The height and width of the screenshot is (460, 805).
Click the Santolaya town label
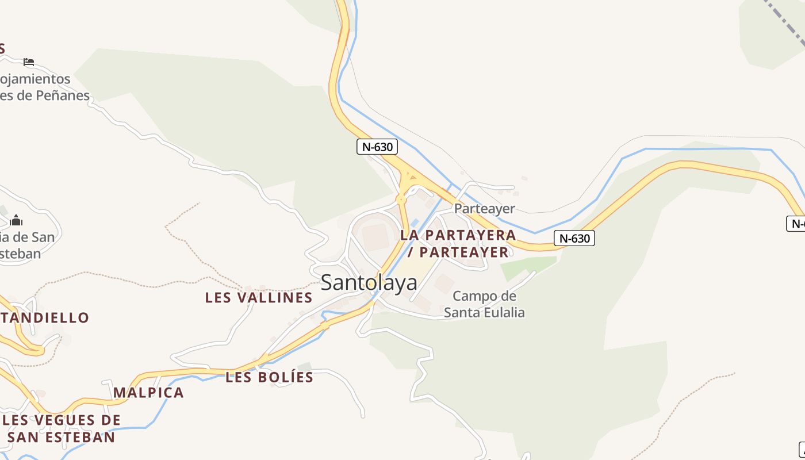[369, 282]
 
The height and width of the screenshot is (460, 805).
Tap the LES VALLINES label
[259, 297]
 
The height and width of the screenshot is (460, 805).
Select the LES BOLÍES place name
[269, 377]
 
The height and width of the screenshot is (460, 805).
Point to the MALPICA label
[148, 393]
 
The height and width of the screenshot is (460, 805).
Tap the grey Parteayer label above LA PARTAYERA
[484, 208]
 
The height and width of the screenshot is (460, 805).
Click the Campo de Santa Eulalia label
[484, 304]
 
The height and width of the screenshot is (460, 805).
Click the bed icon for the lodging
[29, 62]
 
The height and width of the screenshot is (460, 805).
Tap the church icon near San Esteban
[16, 220]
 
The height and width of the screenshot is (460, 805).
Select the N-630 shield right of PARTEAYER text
[574, 238]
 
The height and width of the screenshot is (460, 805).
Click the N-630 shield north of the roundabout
[377, 147]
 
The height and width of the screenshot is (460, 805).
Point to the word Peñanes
[63, 95]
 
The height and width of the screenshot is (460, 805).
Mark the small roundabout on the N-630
[401, 200]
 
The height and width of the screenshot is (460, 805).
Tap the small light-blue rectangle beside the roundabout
[415, 223]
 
